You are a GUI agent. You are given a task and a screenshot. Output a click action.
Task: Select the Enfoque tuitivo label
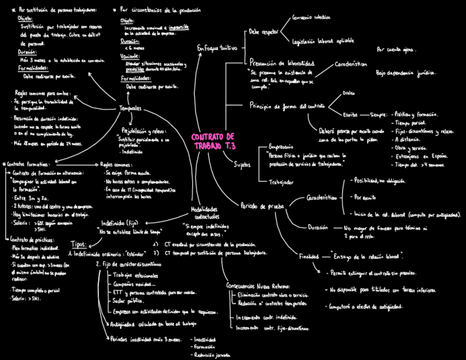click(x=217, y=48)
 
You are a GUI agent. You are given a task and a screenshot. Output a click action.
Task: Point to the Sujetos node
click(x=242, y=164)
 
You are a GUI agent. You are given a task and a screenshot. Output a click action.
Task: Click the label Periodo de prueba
click(x=262, y=206)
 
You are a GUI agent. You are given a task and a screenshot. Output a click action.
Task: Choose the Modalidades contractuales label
click(x=204, y=213)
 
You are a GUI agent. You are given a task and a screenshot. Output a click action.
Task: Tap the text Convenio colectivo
click(x=312, y=18)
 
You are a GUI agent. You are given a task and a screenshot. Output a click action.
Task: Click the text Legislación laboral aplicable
click(x=319, y=40)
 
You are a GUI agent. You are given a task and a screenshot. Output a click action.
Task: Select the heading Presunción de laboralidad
click(x=282, y=63)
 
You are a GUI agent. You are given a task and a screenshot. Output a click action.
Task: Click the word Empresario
click(x=281, y=147)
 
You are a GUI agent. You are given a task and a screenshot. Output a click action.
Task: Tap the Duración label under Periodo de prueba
click(x=318, y=227)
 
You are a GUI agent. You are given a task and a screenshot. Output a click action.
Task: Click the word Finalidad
click(x=308, y=256)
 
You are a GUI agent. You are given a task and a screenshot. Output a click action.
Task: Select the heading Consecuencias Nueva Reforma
click(x=258, y=286)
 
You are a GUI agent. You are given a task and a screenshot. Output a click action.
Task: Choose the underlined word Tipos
click(x=79, y=244)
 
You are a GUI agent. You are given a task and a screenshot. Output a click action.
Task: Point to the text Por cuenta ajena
click(x=396, y=49)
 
